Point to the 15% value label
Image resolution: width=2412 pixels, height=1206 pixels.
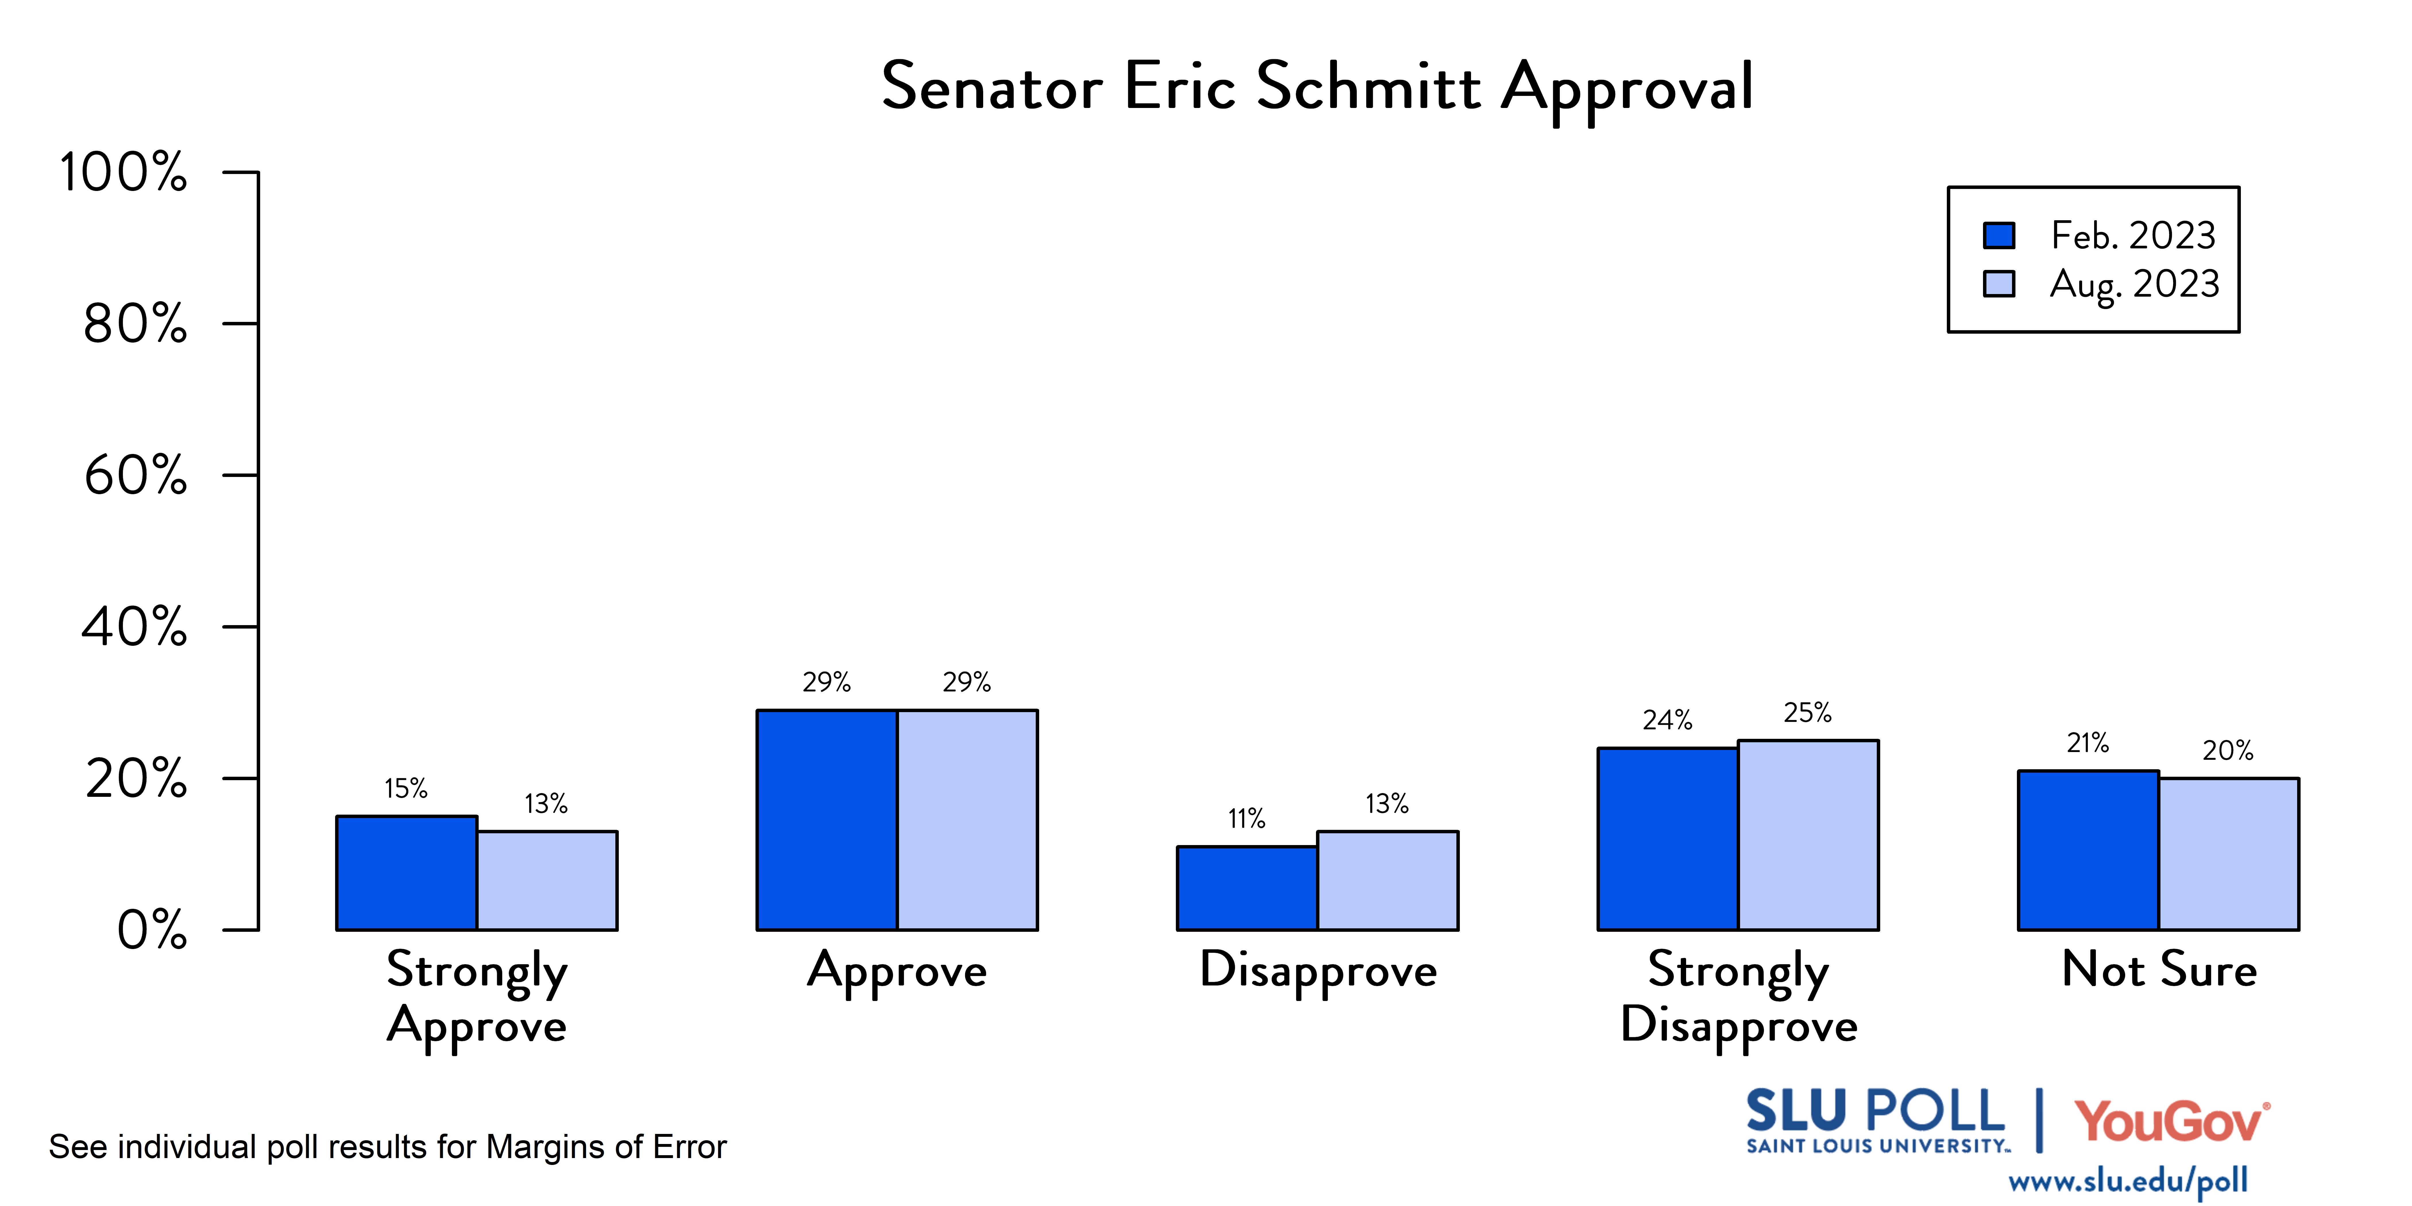(405, 788)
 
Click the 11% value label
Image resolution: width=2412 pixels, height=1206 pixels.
(1246, 819)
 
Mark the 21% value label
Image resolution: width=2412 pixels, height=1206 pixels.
(2087, 743)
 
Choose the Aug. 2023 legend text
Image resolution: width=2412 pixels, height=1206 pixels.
(2134, 284)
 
